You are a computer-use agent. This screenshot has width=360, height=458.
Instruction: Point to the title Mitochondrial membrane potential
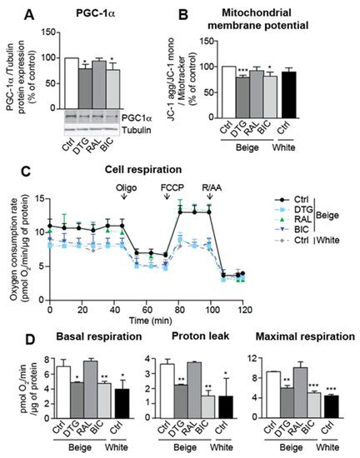point(263,19)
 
